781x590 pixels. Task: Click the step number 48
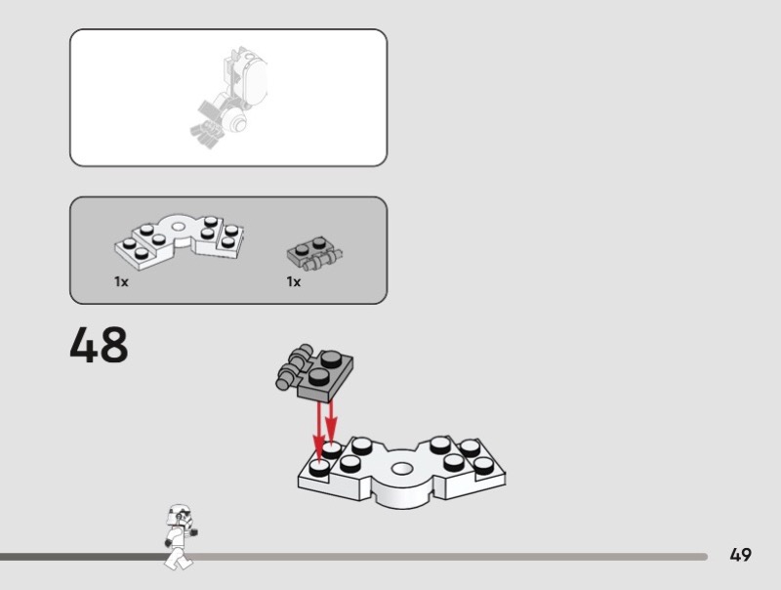click(99, 345)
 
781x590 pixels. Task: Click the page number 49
click(741, 555)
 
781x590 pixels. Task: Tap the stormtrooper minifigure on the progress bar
click(180, 536)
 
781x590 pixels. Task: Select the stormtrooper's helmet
click(180, 515)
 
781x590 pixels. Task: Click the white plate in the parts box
click(180, 241)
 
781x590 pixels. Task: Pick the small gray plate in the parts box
click(314, 253)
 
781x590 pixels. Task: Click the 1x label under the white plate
click(121, 282)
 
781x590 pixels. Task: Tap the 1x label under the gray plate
click(294, 282)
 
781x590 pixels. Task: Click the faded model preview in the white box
click(229, 98)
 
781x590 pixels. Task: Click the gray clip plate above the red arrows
click(314, 372)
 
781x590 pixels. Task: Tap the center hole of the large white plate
click(402, 469)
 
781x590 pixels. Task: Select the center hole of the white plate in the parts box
click(178, 228)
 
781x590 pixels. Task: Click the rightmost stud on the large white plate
click(483, 465)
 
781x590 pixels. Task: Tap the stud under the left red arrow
click(319, 468)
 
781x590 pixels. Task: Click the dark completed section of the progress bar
click(85, 557)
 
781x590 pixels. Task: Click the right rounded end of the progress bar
click(704, 557)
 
